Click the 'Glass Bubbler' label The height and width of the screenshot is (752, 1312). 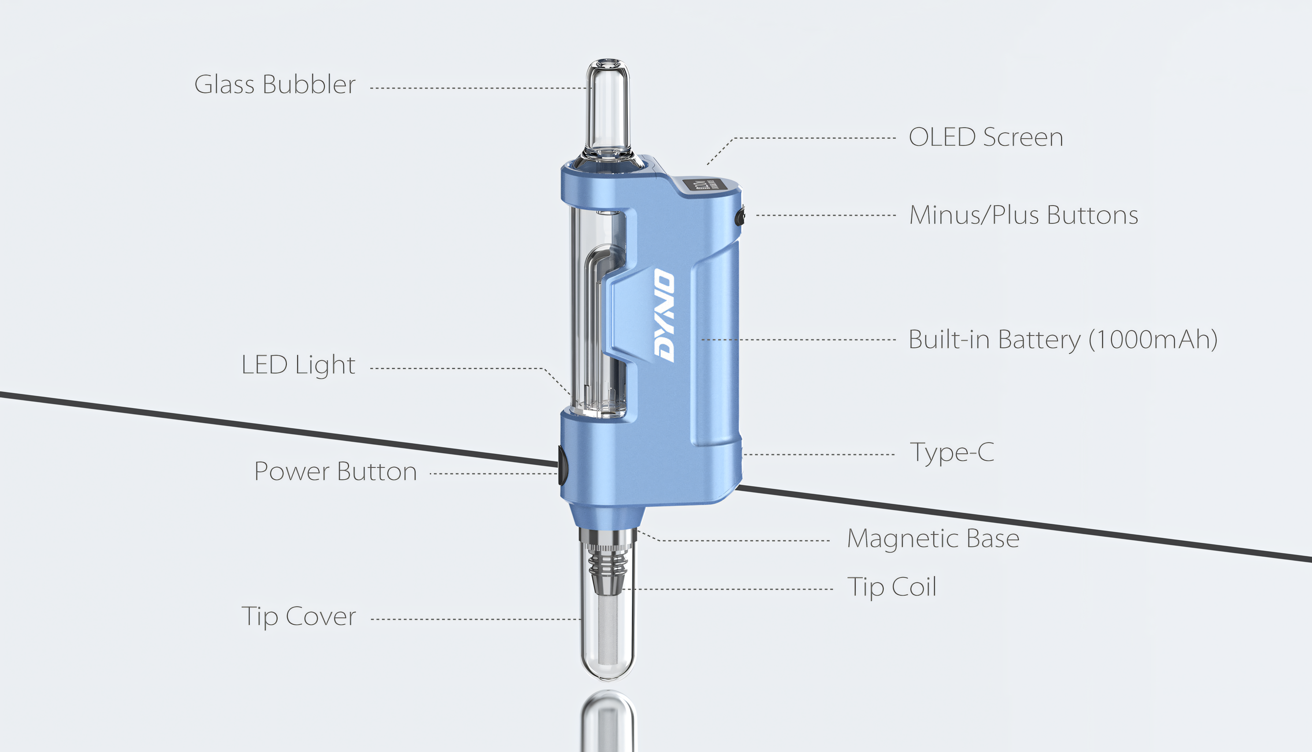(275, 84)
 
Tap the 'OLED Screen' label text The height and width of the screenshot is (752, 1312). (985, 137)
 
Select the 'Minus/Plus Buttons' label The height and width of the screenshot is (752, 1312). (1024, 215)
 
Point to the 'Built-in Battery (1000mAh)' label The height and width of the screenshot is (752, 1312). (1063, 340)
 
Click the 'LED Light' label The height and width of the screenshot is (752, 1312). (298, 365)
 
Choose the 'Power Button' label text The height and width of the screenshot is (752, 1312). (336, 472)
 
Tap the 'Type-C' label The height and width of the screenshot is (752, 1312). (952, 453)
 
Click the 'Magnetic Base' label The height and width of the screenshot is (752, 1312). (933, 539)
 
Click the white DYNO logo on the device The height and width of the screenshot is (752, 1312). (664, 315)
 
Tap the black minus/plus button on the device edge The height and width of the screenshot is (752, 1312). (740, 216)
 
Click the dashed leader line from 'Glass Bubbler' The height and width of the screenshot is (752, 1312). (480, 88)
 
